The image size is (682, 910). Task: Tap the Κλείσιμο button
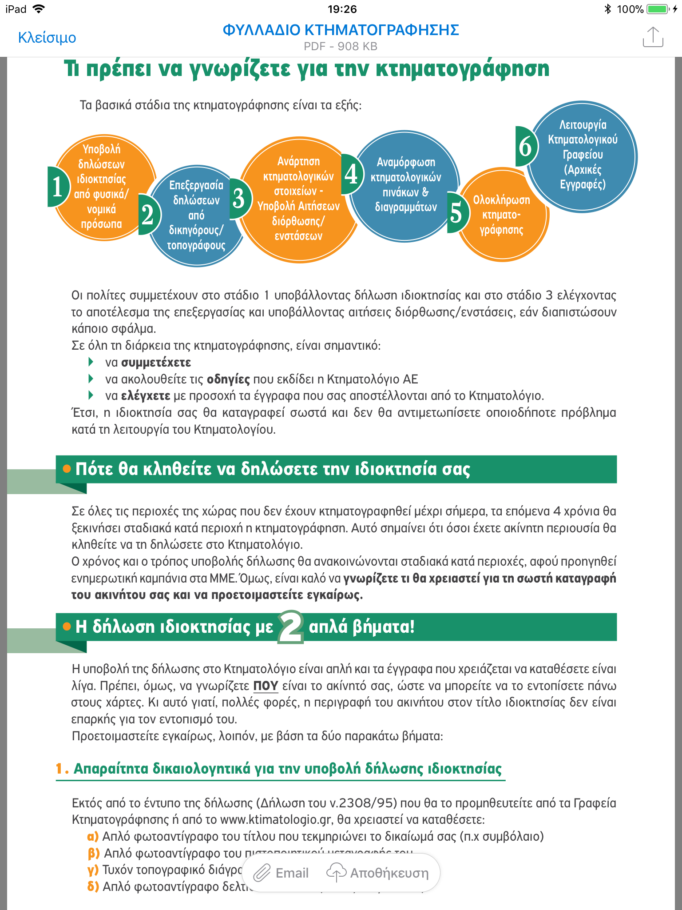pyautogui.click(x=47, y=38)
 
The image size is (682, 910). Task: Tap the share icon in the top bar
pyautogui.click(x=653, y=37)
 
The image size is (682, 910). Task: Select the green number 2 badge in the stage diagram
pyautogui.click(x=148, y=215)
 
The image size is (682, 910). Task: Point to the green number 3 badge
pyautogui.click(x=240, y=199)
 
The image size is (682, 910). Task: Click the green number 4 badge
pyautogui.click(x=351, y=174)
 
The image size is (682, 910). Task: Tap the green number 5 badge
pyautogui.click(x=457, y=213)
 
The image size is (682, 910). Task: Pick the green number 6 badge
pyautogui.click(x=525, y=147)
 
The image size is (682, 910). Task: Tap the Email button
pyautogui.click(x=282, y=873)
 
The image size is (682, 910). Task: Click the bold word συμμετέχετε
pyautogui.click(x=156, y=363)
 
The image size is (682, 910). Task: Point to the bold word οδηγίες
pyautogui.click(x=228, y=379)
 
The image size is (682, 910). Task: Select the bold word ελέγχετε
pyautogui.click(x=146, y=396)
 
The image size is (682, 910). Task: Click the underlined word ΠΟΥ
pyautogui.click(x=266, y=686)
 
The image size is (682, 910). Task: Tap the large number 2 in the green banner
pyautogui.click(x=291, y=627)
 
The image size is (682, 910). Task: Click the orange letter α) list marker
pyautogui.click(x=93, y=837)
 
